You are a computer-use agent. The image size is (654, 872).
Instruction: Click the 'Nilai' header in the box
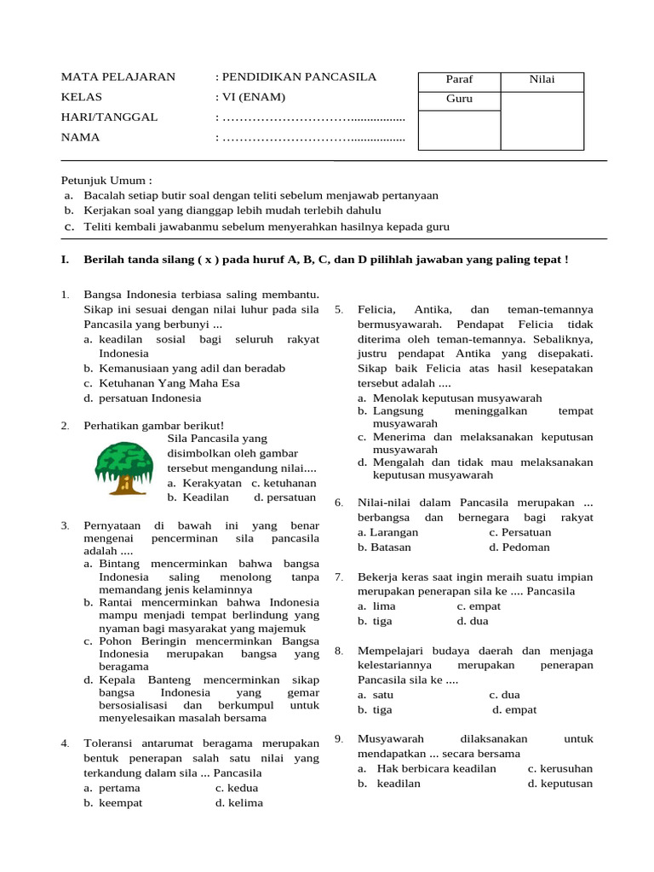(542, 80)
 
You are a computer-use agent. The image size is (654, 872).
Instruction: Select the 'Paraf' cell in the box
(459, 80)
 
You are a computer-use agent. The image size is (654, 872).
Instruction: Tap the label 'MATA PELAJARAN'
(118, 77)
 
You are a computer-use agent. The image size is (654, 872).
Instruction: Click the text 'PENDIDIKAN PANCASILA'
(298, 77)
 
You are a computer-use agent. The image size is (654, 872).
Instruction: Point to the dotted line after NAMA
(313, 137)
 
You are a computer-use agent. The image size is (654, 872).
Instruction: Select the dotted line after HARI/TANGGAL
(313, 118)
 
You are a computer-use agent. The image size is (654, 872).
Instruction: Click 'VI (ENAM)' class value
(254, 97)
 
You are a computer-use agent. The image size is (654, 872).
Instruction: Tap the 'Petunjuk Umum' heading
(106, 181)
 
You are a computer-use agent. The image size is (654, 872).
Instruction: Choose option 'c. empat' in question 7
(479, 606)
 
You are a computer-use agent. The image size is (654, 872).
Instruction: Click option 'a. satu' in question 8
(376, 695)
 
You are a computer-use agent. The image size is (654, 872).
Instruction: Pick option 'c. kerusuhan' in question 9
(560, 768)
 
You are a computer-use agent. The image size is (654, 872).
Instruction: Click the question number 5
(338, 309)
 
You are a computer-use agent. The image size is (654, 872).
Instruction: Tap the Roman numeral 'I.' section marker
(66, 259)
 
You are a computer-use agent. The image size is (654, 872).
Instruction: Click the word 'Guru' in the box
(459, 99)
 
